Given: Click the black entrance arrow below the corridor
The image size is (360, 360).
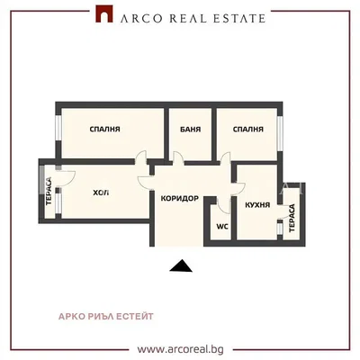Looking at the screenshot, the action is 181,265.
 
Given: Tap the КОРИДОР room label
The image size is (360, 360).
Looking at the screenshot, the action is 180,199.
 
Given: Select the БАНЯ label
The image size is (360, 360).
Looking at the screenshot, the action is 191,130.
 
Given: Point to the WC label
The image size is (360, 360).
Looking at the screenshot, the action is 222,226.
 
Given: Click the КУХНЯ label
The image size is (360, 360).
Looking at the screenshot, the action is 257,205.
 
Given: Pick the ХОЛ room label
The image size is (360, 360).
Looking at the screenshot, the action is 101,193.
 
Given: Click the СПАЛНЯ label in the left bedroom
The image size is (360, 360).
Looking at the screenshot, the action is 105,130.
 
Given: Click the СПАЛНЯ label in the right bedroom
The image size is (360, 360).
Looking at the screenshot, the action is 248,130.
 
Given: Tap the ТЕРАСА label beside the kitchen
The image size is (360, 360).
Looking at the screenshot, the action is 292,218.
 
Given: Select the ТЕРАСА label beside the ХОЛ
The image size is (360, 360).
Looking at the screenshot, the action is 49,192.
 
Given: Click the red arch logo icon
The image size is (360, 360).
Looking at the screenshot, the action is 104,13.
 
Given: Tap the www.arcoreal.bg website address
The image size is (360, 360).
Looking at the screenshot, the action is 181,349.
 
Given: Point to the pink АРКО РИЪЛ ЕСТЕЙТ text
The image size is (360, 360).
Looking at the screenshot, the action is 106,316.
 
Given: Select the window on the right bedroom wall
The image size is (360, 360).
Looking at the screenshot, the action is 280,133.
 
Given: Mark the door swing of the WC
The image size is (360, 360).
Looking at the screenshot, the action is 223,205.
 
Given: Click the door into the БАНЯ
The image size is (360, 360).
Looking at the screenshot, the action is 178,158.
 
